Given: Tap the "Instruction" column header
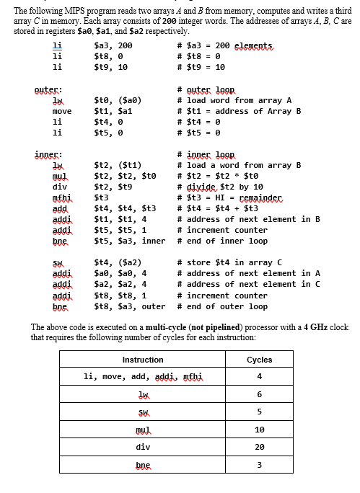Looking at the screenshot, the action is (143, 360).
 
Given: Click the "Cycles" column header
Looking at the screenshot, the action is (259, 360).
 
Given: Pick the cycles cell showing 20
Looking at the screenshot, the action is (259, 446).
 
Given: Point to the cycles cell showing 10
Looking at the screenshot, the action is (259, 429).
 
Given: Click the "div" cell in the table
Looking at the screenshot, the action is (143, 446).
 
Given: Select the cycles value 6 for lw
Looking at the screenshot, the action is (259, 394).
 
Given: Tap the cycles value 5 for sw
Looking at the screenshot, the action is (259, 412).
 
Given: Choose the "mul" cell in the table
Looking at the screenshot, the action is (143, 429).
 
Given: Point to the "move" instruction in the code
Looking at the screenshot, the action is (61, 111).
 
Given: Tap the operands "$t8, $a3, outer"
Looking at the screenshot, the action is (130, 306).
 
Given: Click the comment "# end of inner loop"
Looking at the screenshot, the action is (222, 241).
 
